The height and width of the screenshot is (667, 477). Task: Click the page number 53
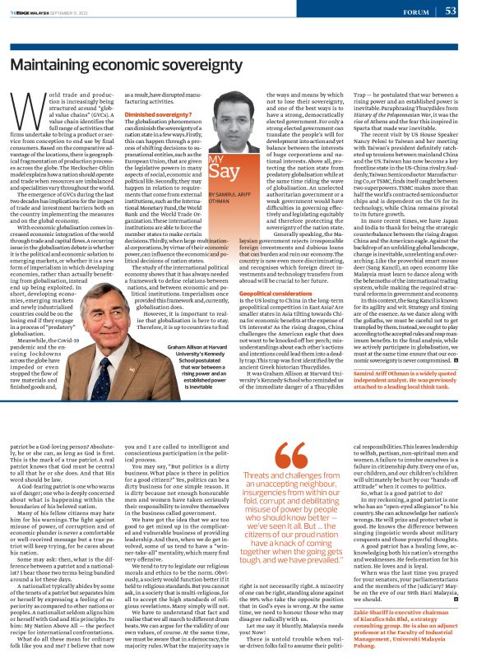pos(451,11)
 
